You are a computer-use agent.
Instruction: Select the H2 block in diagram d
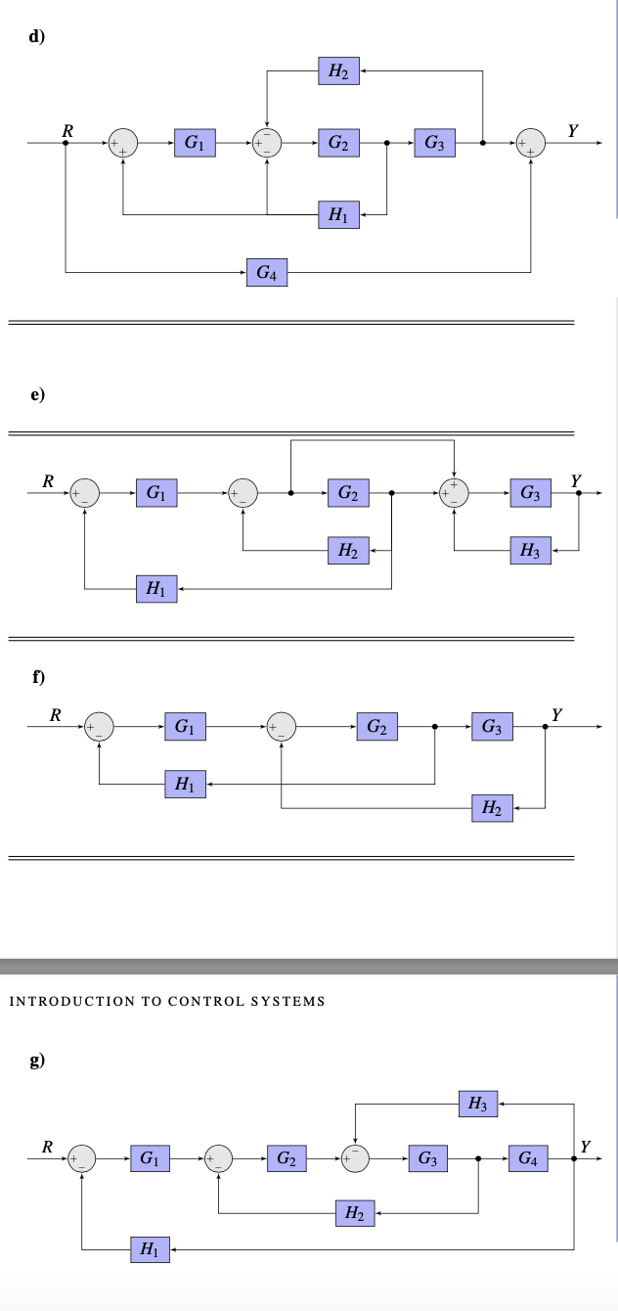(338, 70)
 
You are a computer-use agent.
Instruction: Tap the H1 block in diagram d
(338, 214)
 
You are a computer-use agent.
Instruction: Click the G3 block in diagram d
(434, 143)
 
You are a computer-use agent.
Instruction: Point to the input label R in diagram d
(66, 128)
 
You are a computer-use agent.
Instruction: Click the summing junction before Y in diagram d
(531, 143)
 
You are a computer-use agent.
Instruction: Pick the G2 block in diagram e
(347, 494)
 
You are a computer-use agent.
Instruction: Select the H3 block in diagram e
(530, 551)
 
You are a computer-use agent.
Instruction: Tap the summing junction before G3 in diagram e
(454, 494)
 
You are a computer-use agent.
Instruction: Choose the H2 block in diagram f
(492, 808)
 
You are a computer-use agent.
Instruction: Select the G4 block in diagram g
(527, 1159)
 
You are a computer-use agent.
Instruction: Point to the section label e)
(38, 394)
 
